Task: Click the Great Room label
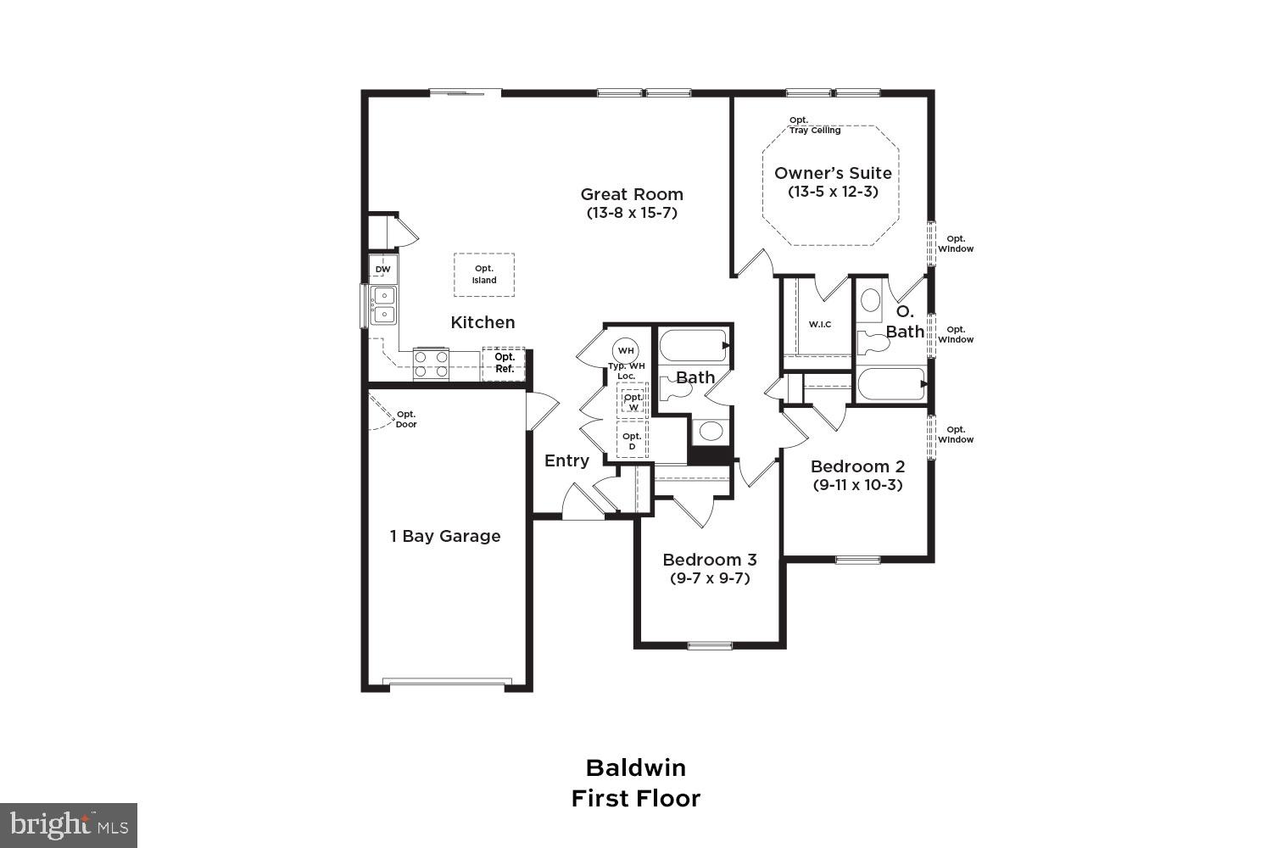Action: (x=632, y=194)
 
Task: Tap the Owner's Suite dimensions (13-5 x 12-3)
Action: (x=833, y=192)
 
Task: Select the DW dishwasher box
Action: (x=383, y=270)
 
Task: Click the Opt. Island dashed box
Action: (x=484, y=275)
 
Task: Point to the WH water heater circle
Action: (x=626, y=350)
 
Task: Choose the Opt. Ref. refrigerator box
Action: (x=504, y=363)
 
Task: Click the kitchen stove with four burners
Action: (x=431, y=364)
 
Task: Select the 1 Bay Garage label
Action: (x=445, y=536)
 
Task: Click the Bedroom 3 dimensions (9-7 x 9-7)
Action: (x=710, y=578)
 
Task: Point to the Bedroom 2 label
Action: (x=857, y=466)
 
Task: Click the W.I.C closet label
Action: (x=820, y=325)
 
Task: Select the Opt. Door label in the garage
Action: (x=406, y=419)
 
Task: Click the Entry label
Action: (x=566, y=460)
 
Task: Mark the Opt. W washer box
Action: (x=633, y=402)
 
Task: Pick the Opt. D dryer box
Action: (x=632, y=441)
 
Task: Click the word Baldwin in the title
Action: (x=636, y=767)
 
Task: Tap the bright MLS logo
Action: (x=69, y=825)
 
